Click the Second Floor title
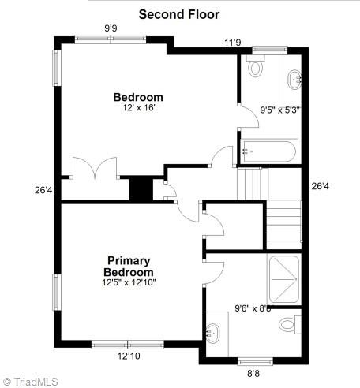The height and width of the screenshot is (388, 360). point(179,14)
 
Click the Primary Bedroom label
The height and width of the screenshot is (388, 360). point(129,266)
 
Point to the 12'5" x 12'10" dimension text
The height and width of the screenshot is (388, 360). point(129,282)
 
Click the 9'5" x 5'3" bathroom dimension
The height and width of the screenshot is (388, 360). point(280,110)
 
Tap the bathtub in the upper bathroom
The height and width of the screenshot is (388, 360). point(269,150)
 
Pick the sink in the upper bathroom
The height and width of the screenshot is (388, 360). point(294,78)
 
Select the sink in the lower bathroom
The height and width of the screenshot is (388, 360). point(214,332)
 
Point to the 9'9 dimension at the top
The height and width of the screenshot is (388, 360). point(111,28)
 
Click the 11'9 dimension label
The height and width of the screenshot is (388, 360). point(232,43)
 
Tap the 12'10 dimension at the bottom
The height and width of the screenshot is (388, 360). point(129,356)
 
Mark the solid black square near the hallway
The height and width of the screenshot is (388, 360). point(140,189)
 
